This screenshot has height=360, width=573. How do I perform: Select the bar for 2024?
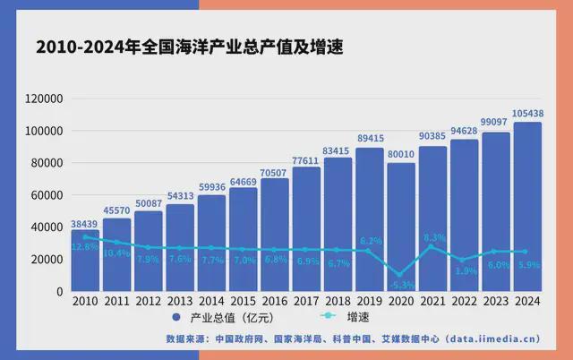[527, 206]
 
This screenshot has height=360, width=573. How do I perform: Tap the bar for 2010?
[85, 260]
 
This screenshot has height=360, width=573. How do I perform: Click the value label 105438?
[527, 114]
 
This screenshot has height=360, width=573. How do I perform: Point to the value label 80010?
[401, 154]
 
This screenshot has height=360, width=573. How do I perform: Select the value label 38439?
[85, 222]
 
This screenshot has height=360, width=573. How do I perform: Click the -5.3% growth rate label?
[401, 285]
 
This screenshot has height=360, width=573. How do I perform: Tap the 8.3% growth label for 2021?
[433, 237]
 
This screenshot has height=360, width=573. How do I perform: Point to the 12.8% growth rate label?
[85, 245]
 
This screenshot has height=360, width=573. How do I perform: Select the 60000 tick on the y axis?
[47, 195]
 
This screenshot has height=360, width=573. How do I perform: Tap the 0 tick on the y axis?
[59, 292]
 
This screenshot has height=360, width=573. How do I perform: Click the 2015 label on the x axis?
[244, 303]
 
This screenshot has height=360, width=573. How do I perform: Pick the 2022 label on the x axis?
[464, 303]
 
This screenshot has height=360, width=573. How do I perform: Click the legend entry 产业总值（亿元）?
[220, 319]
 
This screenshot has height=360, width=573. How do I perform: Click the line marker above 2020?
[401, 274]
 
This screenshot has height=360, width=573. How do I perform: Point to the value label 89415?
[369, 139]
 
